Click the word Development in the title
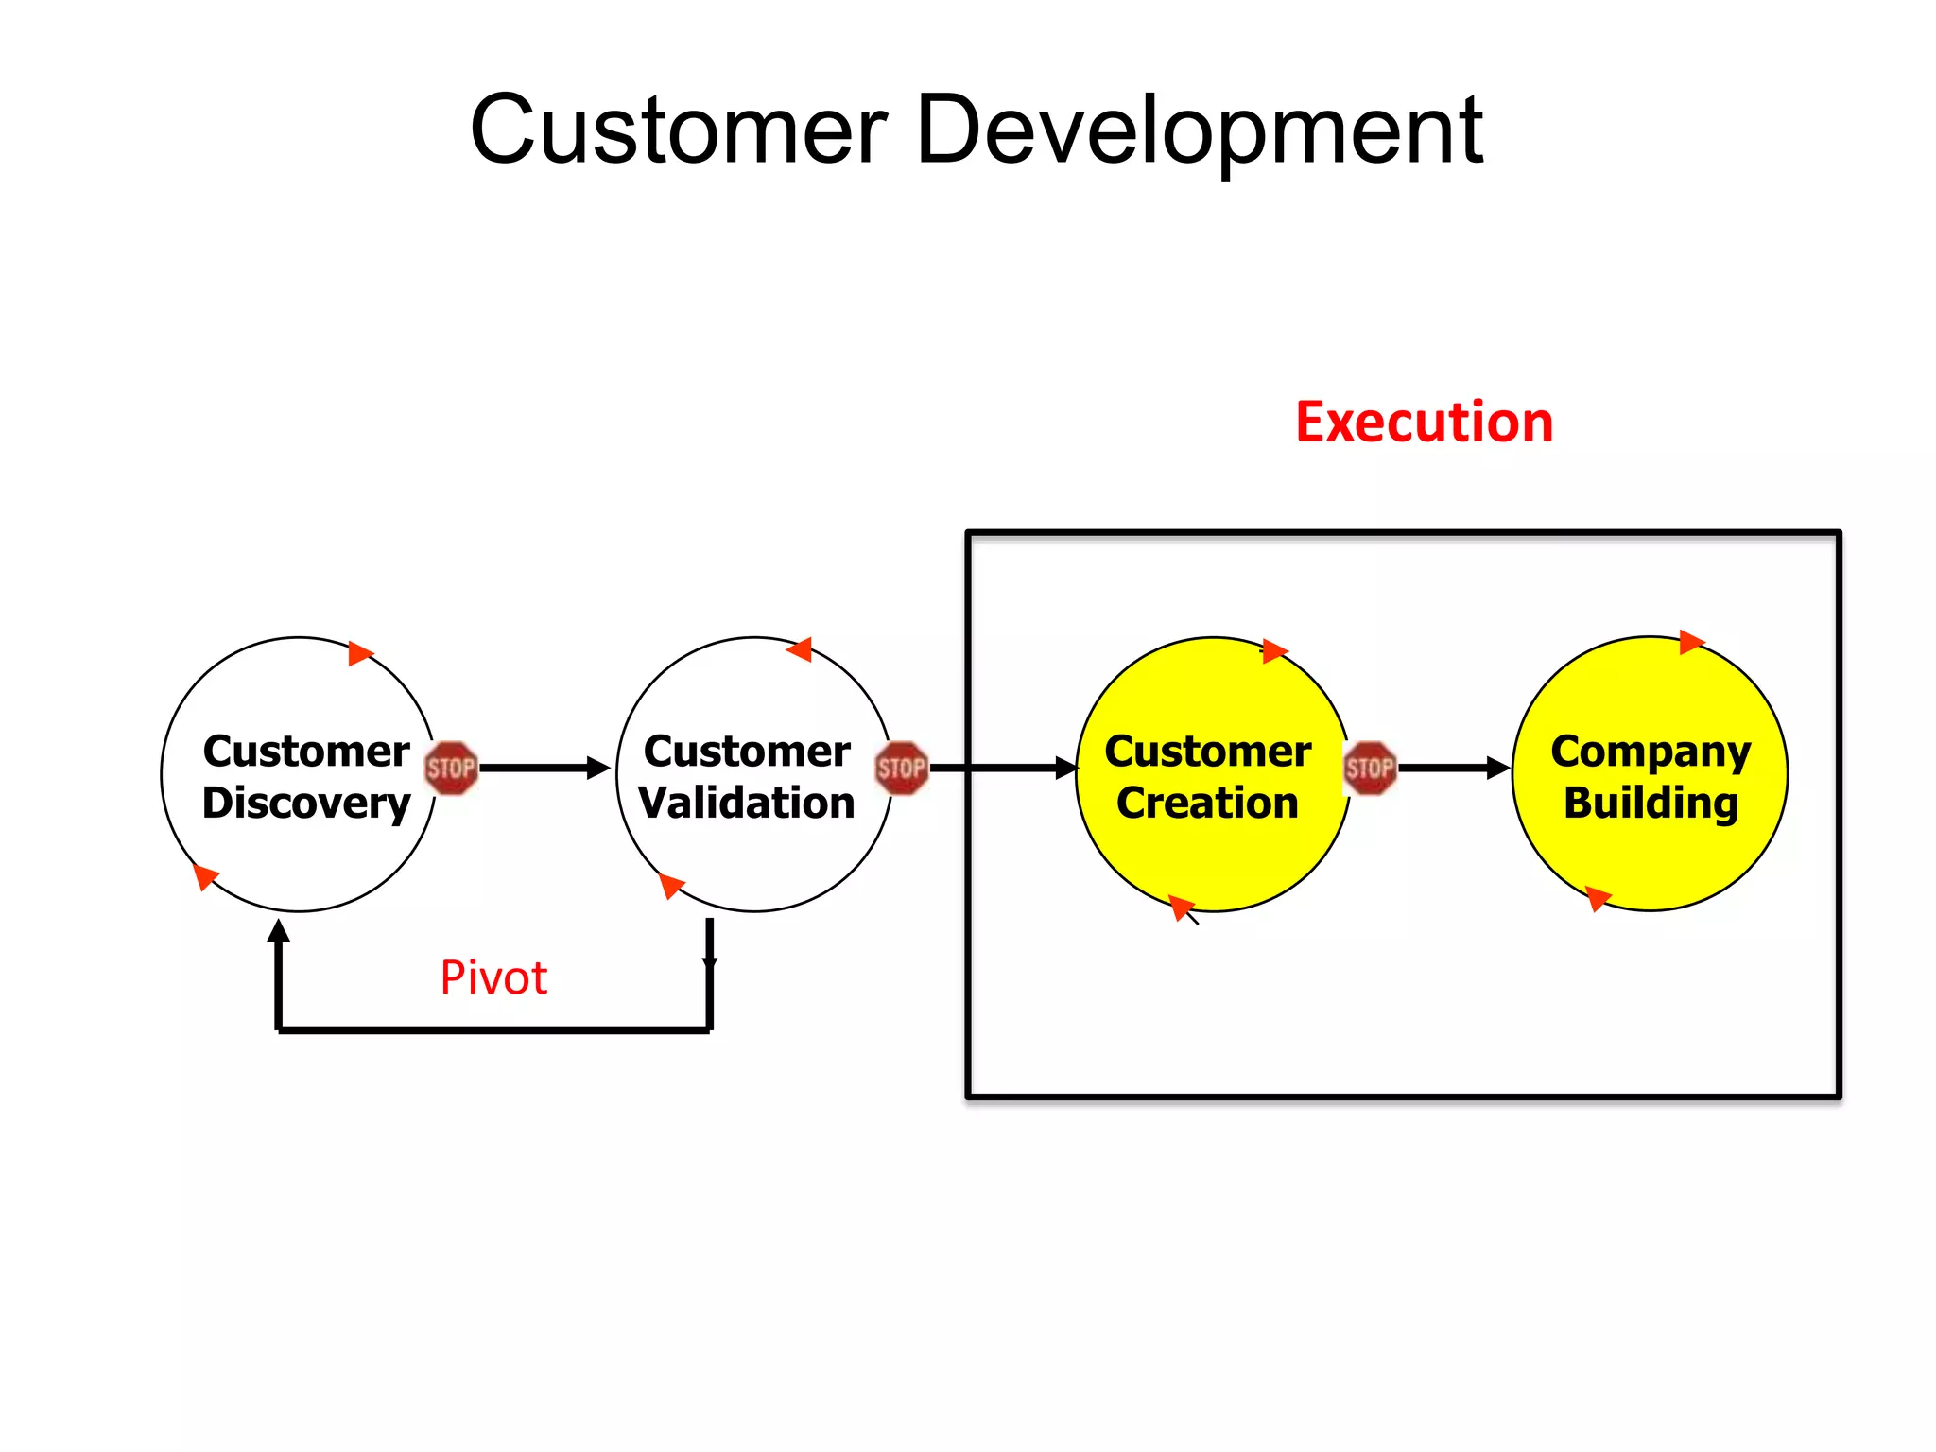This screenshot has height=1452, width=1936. (x=1199, y=132)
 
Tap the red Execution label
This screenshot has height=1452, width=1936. (x=1424, y=422)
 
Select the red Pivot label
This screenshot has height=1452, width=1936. (x=493, y=977)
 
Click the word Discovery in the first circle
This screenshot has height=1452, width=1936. (x=306, y=804)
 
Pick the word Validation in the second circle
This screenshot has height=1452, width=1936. (x=747, y=804)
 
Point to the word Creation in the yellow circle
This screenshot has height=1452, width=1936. (x=1207, y=804)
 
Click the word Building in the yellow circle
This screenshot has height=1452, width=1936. (x=1651, y=804)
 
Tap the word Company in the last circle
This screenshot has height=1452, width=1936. (x=1651, y=752)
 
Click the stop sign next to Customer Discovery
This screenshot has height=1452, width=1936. (x=451, y=768)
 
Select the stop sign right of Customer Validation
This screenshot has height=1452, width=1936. (x=901, y=768)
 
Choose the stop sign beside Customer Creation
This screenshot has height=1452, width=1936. (x=1370, y=768)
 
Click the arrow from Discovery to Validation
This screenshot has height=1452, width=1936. (x=544, y=768)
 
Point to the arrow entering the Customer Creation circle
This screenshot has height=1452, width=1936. (x=1002, y=768)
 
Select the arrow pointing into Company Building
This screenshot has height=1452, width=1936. (x=1454, y=768)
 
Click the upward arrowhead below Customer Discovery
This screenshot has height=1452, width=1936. (x=278, y=931)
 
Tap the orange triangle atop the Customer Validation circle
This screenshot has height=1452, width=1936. (x=801, y=649)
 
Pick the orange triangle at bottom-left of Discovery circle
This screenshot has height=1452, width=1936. (x=205, y=875)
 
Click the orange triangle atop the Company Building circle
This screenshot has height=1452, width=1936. (x=1690, y=642)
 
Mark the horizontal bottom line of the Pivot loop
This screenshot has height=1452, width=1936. (x=493, y=1029)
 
